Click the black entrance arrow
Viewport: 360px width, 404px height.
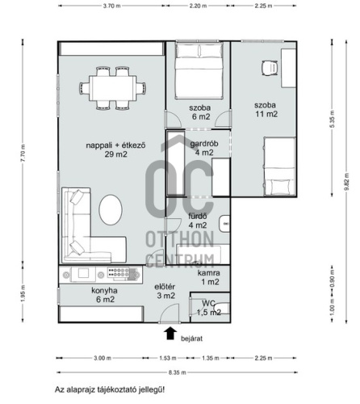point(170,333)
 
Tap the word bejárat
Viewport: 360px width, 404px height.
point(191,339)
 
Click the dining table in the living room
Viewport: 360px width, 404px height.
point(113,88)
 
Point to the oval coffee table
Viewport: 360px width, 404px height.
point(111,210)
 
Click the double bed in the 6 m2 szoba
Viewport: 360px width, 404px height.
point(199,70)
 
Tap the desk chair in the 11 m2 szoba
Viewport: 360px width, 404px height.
point(270,68)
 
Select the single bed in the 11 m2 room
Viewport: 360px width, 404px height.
point(279,166)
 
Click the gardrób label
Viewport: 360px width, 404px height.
point(204,144)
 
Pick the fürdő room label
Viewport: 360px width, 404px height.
point(198,217)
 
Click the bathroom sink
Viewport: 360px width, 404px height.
point(224,224)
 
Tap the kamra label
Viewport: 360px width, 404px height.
point(208,273)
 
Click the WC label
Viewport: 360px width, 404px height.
point(208,304)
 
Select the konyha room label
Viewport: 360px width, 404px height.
point(104,291)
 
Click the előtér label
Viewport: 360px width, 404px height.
point(165,287)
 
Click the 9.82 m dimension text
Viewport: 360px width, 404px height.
point(346,182)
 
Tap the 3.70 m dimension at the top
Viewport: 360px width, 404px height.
point(112,6)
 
